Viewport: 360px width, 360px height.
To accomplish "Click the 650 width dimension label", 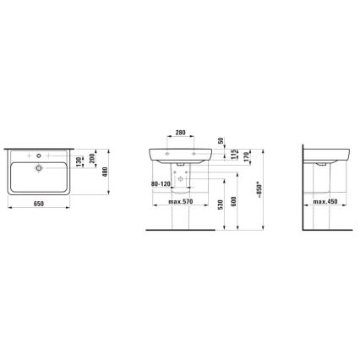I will pyautogui.click(x=39, y=204).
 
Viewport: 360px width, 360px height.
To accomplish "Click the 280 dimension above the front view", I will pyautogui.click(x=179, y=132).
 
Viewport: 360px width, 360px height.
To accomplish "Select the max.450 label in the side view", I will pyautogui.click(x=325, y=203).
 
